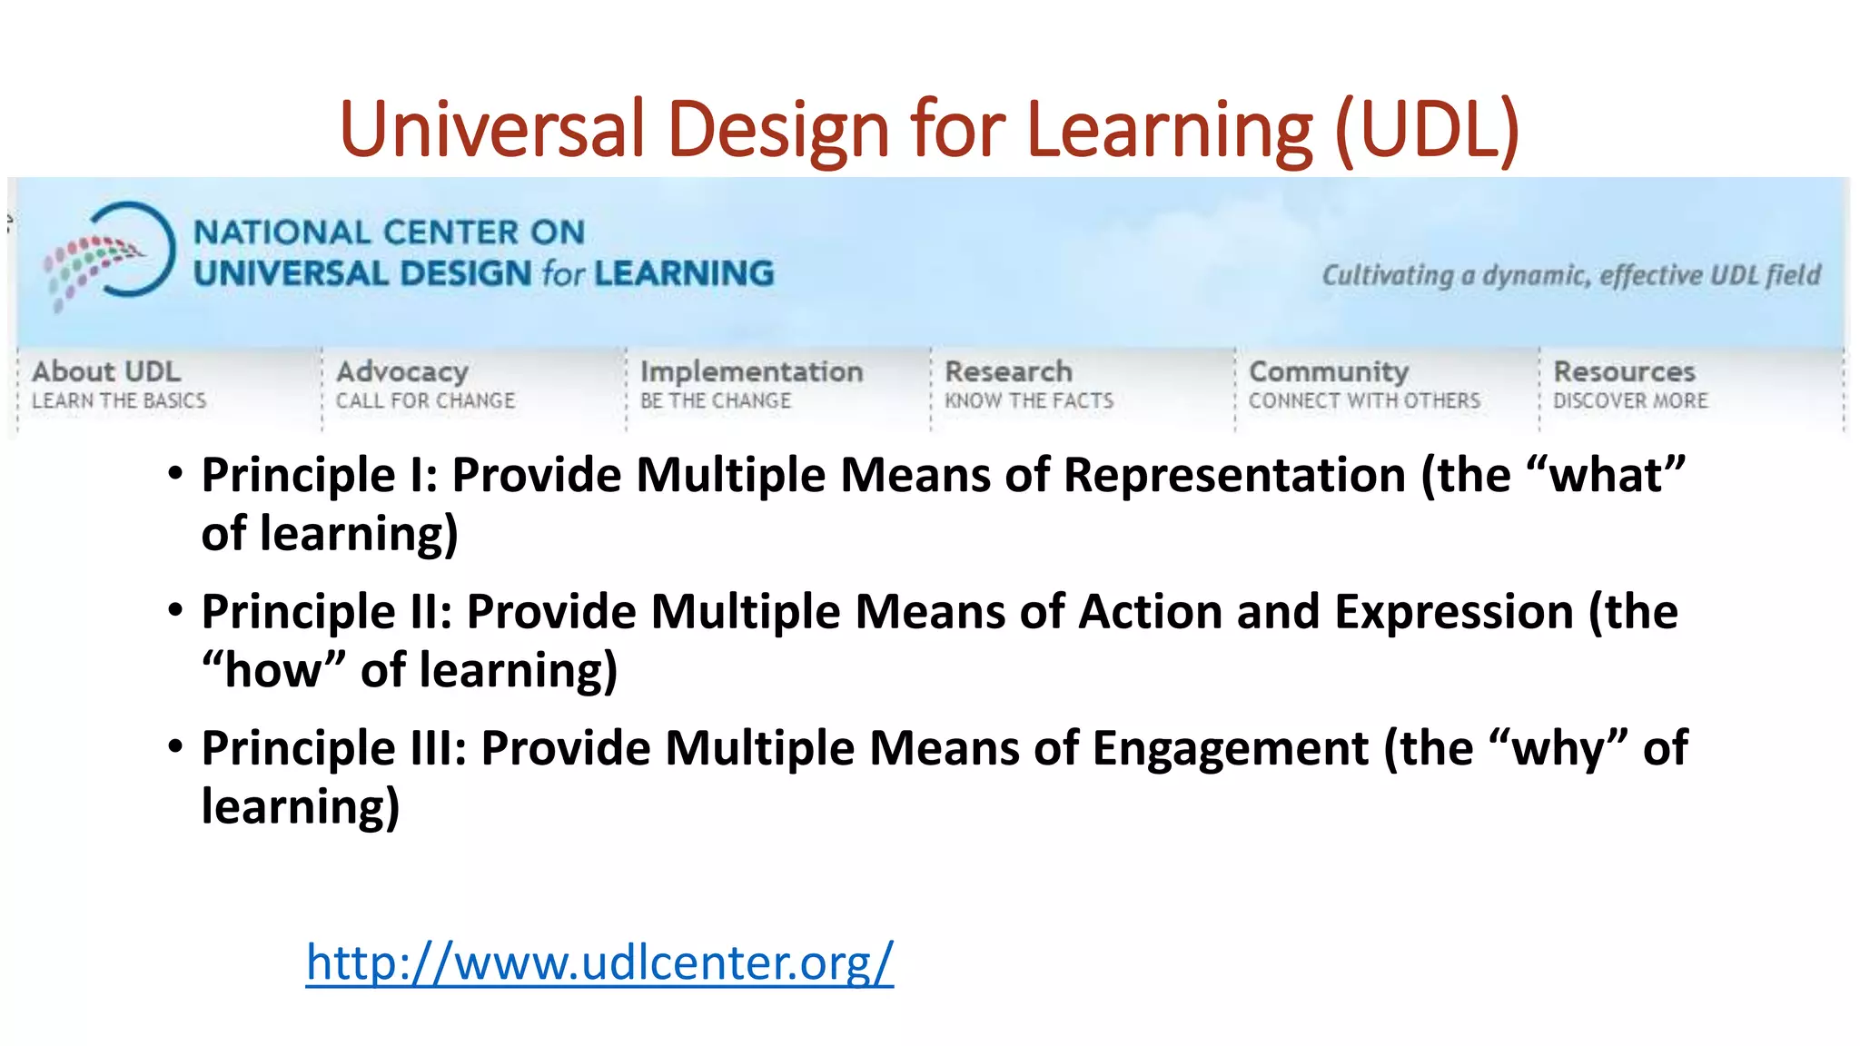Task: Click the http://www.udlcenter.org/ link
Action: (599, 962)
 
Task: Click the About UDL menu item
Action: (106, 372)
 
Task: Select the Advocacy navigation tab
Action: (402, 372)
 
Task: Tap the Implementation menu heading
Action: (751, 372)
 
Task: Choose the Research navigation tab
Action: (1008, 372)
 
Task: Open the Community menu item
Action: (1329, 372)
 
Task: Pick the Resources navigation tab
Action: (1624, 372)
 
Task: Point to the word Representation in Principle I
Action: (1234, 475)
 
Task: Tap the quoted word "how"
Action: (273, 670)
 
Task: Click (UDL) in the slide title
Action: (1427, 129)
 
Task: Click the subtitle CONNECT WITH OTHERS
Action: (1364, 400)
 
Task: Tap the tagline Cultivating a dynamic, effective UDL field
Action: (1571, 275)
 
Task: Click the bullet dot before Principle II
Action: (175, 610)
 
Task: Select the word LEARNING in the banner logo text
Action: (684, 273)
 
